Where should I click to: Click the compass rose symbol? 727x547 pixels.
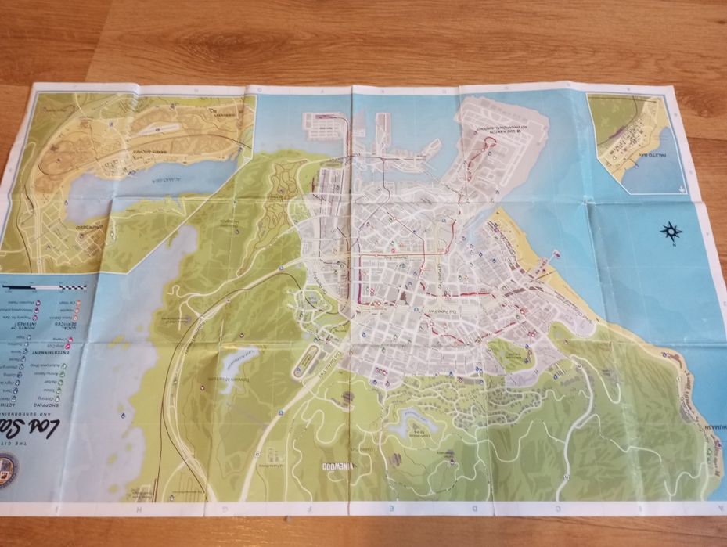[x=671, y=231]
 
